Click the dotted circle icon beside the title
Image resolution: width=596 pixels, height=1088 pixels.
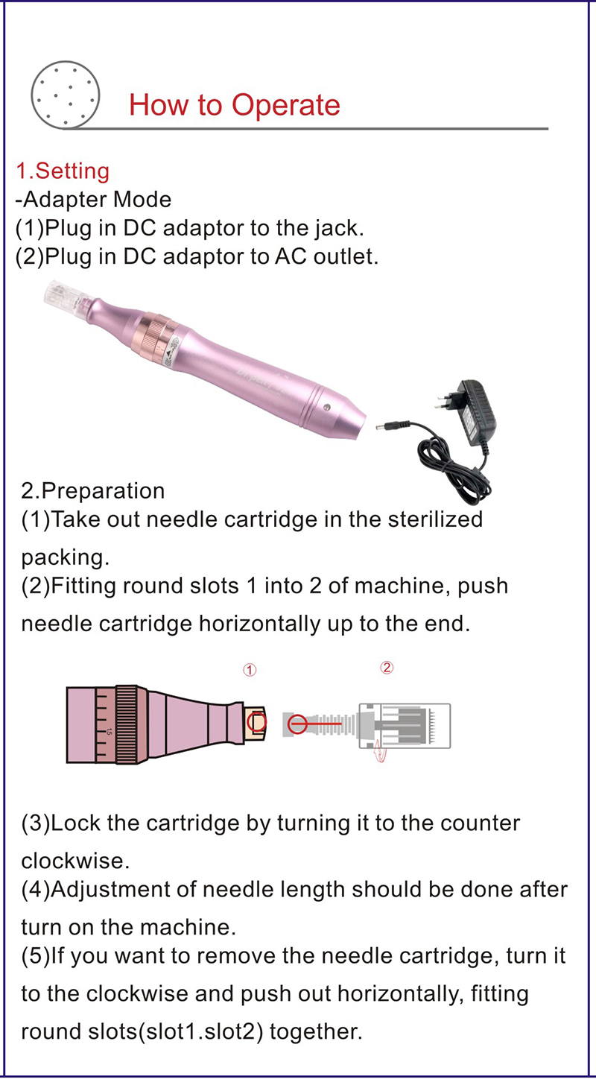[64, 93]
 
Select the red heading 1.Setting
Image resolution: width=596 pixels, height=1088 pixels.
[63, 171]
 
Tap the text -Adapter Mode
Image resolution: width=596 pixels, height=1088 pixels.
[93, 200]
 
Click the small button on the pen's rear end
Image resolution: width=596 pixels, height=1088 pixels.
[327, 407]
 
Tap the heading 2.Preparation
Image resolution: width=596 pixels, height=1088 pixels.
[93, 491]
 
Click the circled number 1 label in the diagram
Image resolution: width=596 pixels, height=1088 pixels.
[250, 670]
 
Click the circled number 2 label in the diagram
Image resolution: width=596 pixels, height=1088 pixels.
[386, 668]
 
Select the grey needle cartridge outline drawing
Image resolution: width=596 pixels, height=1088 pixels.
[406, 724]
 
